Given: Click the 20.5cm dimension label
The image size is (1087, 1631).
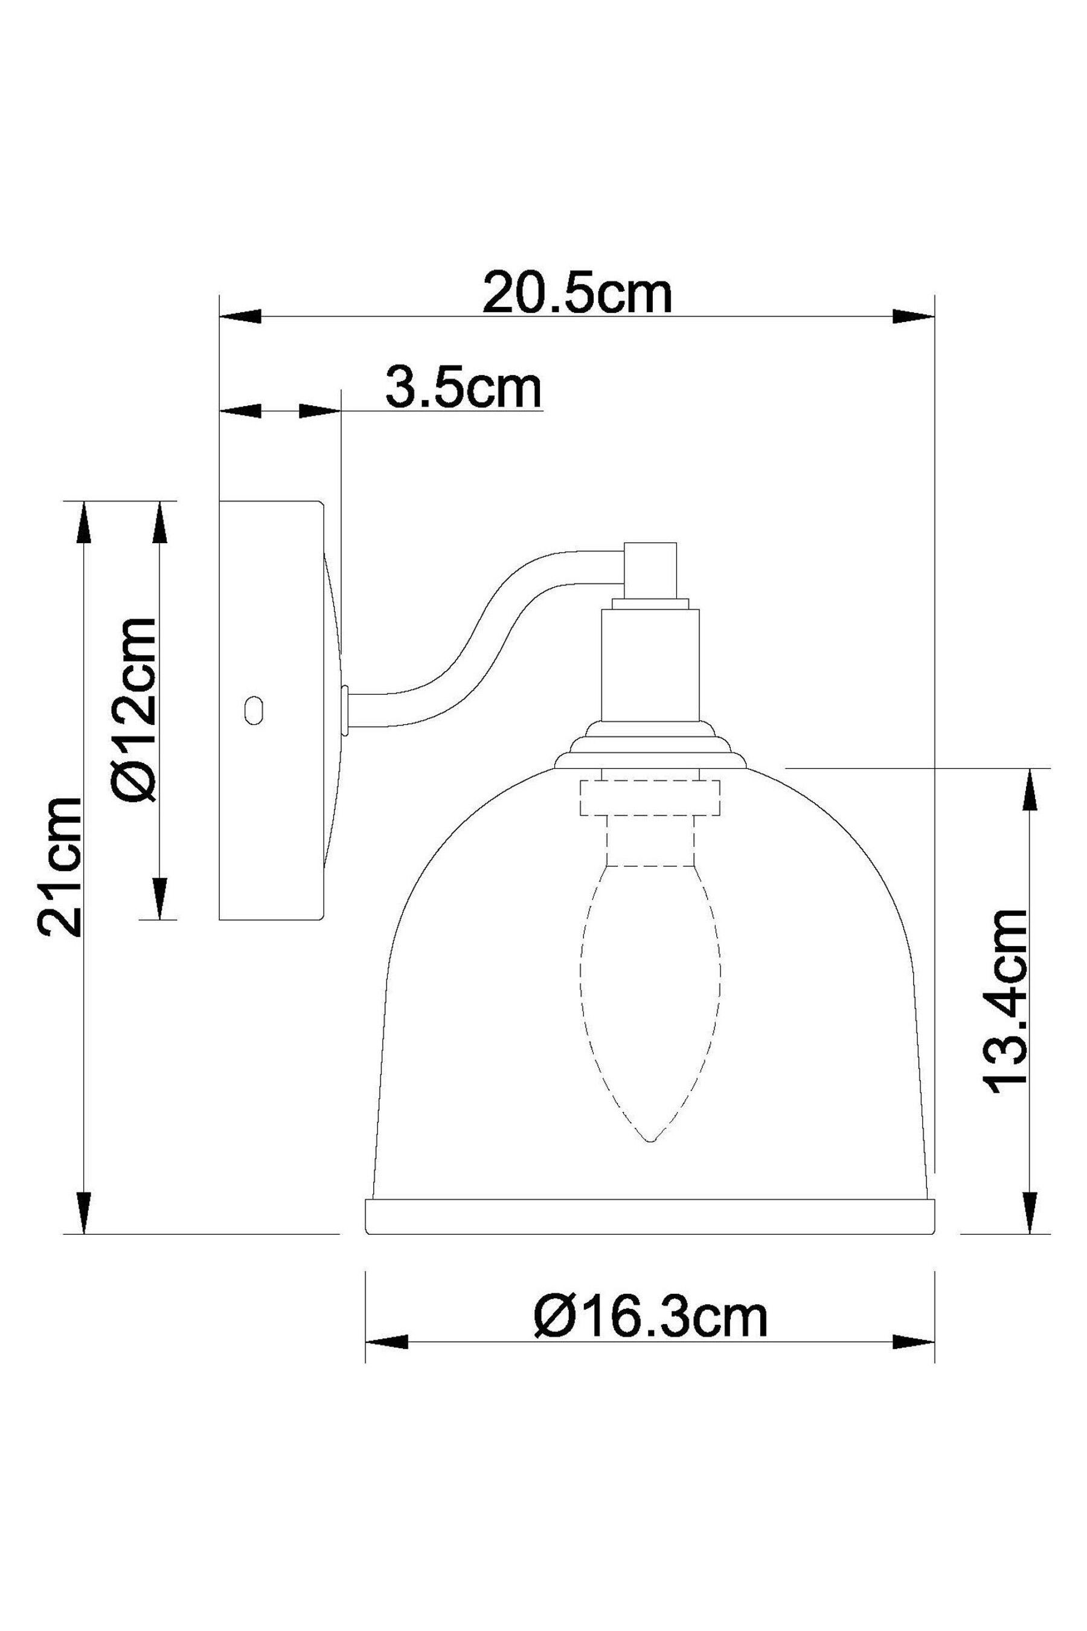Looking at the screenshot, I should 577,294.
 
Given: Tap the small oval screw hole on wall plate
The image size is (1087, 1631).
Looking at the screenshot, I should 254,710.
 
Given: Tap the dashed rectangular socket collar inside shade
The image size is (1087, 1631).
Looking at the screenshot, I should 650,797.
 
